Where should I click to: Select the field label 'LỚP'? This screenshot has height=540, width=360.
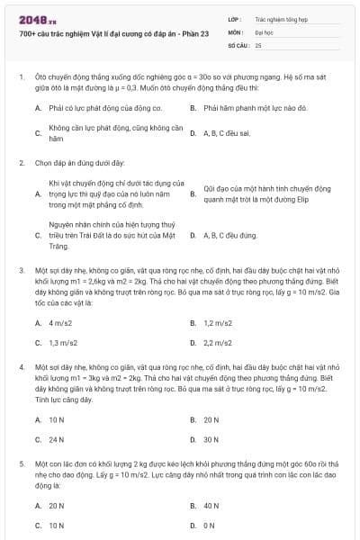(x=236, y=18)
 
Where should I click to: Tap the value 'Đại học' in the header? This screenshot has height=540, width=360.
(x=265, y=31)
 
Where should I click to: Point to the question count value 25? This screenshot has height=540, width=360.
(x=258, y=44)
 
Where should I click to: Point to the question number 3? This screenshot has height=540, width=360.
(x=22, y=269)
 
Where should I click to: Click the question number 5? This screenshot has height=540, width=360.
(x=22, y=463)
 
